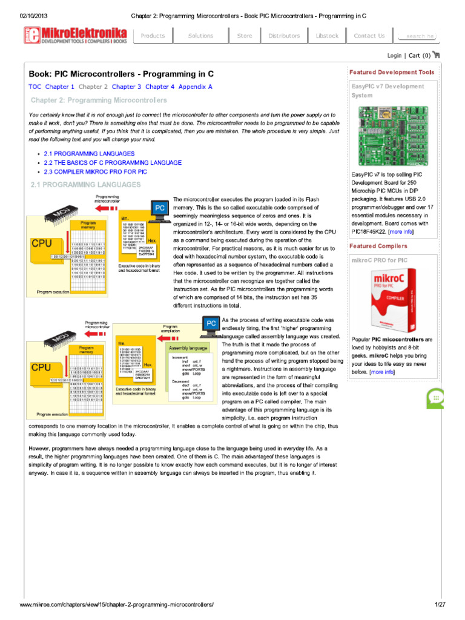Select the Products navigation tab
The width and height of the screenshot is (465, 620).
153,36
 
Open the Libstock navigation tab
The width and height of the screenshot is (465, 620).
327,36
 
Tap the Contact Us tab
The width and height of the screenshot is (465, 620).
369,36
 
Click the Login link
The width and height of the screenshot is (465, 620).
394,55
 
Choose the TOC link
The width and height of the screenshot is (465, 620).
35,87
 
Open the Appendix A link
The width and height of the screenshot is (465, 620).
196,87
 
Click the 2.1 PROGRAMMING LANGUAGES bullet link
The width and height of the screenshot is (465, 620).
90,154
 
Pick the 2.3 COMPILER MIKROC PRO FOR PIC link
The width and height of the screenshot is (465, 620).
95,171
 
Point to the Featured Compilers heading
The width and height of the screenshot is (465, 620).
378,246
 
